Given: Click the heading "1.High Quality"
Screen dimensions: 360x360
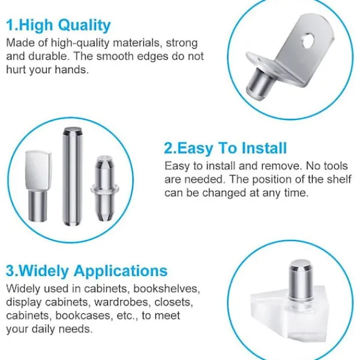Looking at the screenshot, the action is [58, 25].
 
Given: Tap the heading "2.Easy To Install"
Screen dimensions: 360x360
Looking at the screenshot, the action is [226, 148].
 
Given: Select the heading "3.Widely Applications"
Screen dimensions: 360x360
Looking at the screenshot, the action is [86, 271].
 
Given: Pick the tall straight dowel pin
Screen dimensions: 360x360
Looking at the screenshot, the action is [73, 176].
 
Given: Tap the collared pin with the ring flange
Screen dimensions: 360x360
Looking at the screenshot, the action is [104, 188].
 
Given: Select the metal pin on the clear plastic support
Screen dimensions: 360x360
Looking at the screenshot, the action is [301, 280].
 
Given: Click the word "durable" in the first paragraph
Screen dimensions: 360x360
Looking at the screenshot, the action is [47, 56].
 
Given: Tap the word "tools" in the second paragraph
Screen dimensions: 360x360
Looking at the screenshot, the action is [335, 166].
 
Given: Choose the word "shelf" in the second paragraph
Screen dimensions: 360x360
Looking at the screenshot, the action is [340, 179].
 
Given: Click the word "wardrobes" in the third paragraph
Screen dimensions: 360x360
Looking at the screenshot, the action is [121, 302].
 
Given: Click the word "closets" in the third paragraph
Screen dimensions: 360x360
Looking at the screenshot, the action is [173, 302].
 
